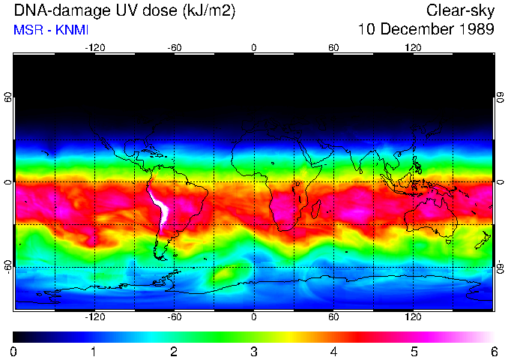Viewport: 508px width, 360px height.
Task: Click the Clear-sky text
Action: [x=460, y=10]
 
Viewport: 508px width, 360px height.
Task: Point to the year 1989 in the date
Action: [x=474, y=30]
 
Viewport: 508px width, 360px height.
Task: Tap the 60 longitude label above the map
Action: [x=333, y=47]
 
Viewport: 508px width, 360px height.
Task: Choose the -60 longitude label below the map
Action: [x=174, y=317]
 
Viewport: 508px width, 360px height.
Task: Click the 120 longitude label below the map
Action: [x=413, y=317]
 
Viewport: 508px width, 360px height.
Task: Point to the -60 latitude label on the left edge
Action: [x=8, y=266]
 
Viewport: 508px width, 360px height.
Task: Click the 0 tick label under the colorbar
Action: [x=13, y=351]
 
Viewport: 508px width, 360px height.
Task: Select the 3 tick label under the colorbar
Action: [x=253, y=351]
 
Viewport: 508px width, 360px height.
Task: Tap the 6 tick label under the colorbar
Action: [x=493, y=351]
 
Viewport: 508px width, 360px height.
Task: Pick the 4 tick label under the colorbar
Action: [x=333, y=351]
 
